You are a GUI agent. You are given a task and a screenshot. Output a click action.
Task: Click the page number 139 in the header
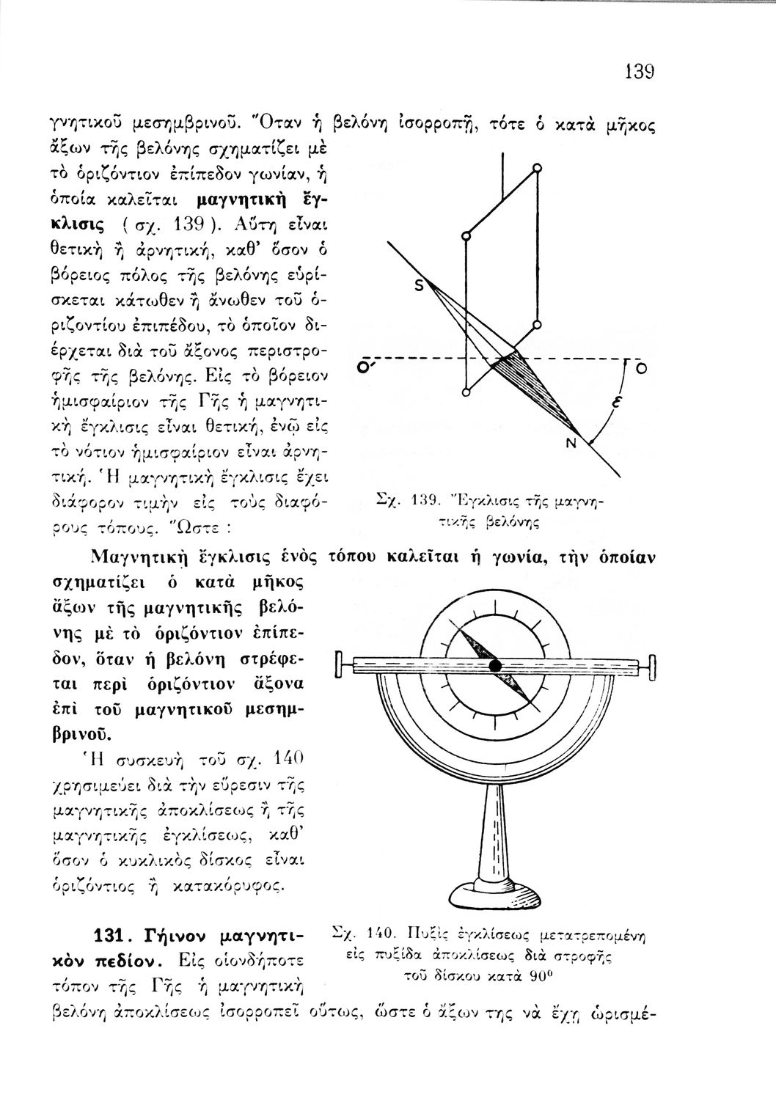pos(638,72)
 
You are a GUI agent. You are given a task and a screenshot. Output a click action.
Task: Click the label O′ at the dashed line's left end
pos(362,366)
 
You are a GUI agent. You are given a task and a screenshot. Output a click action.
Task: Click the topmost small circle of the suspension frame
pos(538,169)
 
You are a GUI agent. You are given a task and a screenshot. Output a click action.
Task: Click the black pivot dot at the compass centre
pos(496,665)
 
